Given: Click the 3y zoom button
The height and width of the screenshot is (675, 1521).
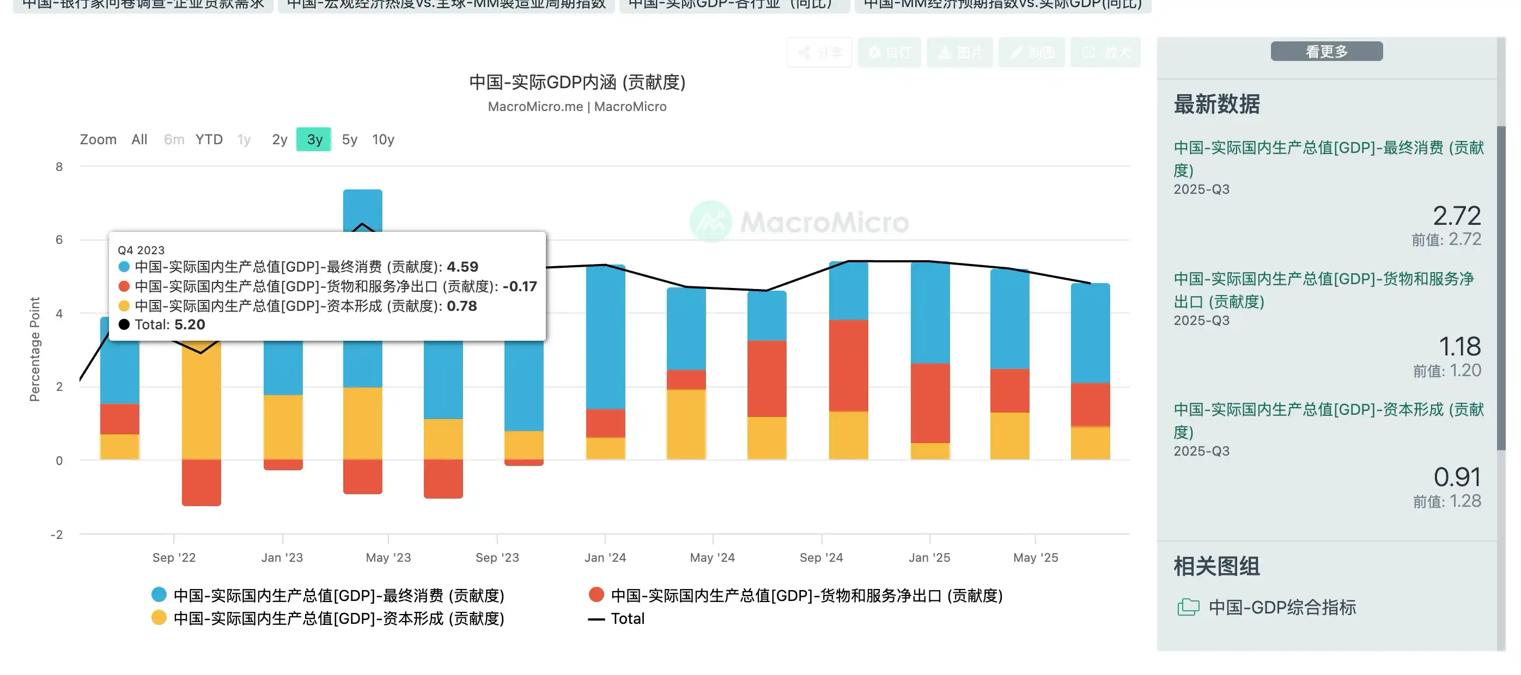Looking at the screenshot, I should (314, 140).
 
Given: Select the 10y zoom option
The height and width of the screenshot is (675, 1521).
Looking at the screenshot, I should (382, 140).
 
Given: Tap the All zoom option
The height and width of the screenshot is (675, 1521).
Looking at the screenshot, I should (139, 140).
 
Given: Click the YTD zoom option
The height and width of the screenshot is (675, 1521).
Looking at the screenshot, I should (209, 140).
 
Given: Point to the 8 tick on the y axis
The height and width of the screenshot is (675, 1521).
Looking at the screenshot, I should (59, 167).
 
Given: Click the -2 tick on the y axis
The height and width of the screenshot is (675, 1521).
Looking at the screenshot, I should (57, 535).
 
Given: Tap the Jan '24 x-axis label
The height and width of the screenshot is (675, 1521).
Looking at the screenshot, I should (605, 557).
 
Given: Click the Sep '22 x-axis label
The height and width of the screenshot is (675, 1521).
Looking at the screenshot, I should (174, 557).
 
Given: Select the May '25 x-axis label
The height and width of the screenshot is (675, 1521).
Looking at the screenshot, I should (1036, 557).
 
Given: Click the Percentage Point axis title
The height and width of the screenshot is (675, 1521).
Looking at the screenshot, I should (35, 349).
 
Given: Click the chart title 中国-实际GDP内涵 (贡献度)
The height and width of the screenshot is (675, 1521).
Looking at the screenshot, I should (577, 82).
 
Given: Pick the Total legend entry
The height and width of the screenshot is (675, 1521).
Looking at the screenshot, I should (627, 619).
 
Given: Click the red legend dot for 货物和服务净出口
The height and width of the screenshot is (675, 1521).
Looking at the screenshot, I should (597, 595).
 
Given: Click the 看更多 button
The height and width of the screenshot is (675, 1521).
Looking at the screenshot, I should (1326, 51).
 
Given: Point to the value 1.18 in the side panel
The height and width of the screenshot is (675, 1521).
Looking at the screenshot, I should (1459, 346).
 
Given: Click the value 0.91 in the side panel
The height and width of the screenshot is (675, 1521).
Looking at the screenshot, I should (1457, 477).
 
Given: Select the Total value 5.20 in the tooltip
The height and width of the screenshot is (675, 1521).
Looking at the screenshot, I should (190, 324).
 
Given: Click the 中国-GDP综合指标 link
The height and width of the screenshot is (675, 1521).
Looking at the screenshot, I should (1281, 607).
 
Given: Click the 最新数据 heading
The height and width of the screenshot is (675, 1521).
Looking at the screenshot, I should (1216, 105).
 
